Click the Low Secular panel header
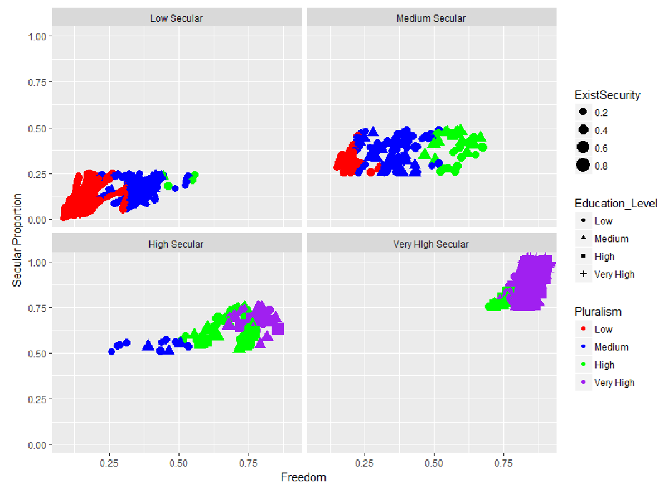(176, 18)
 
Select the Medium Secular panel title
(431, 18)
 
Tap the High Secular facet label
(176, 244)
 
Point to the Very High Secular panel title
(431, 244)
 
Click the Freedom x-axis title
(303, 478)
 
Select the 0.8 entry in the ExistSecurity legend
(584, 166)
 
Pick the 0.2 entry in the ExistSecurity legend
(584, 112)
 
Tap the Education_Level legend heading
(616, 204)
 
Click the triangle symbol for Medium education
(584, 239)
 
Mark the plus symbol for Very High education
(584, 274)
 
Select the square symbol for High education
(584, 256)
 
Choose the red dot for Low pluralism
(584, 329)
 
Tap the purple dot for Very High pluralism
(584, 383)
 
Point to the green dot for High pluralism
(584, 365)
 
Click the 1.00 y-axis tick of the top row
(43, 36)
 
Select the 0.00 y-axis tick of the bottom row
(43, 445)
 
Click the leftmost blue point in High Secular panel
(111, 351)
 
